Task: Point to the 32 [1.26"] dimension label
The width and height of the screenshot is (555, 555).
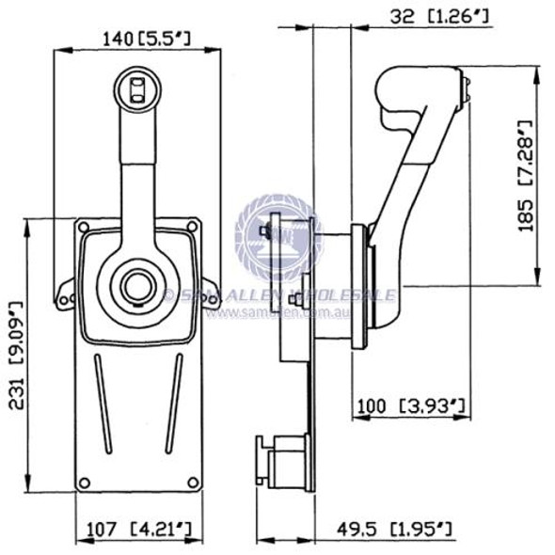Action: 422,15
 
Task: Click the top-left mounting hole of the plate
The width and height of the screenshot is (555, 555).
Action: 84,228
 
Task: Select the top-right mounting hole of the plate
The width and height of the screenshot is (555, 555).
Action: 191,228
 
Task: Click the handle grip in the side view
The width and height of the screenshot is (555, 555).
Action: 419,94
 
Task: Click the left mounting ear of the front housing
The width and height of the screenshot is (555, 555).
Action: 65,295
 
